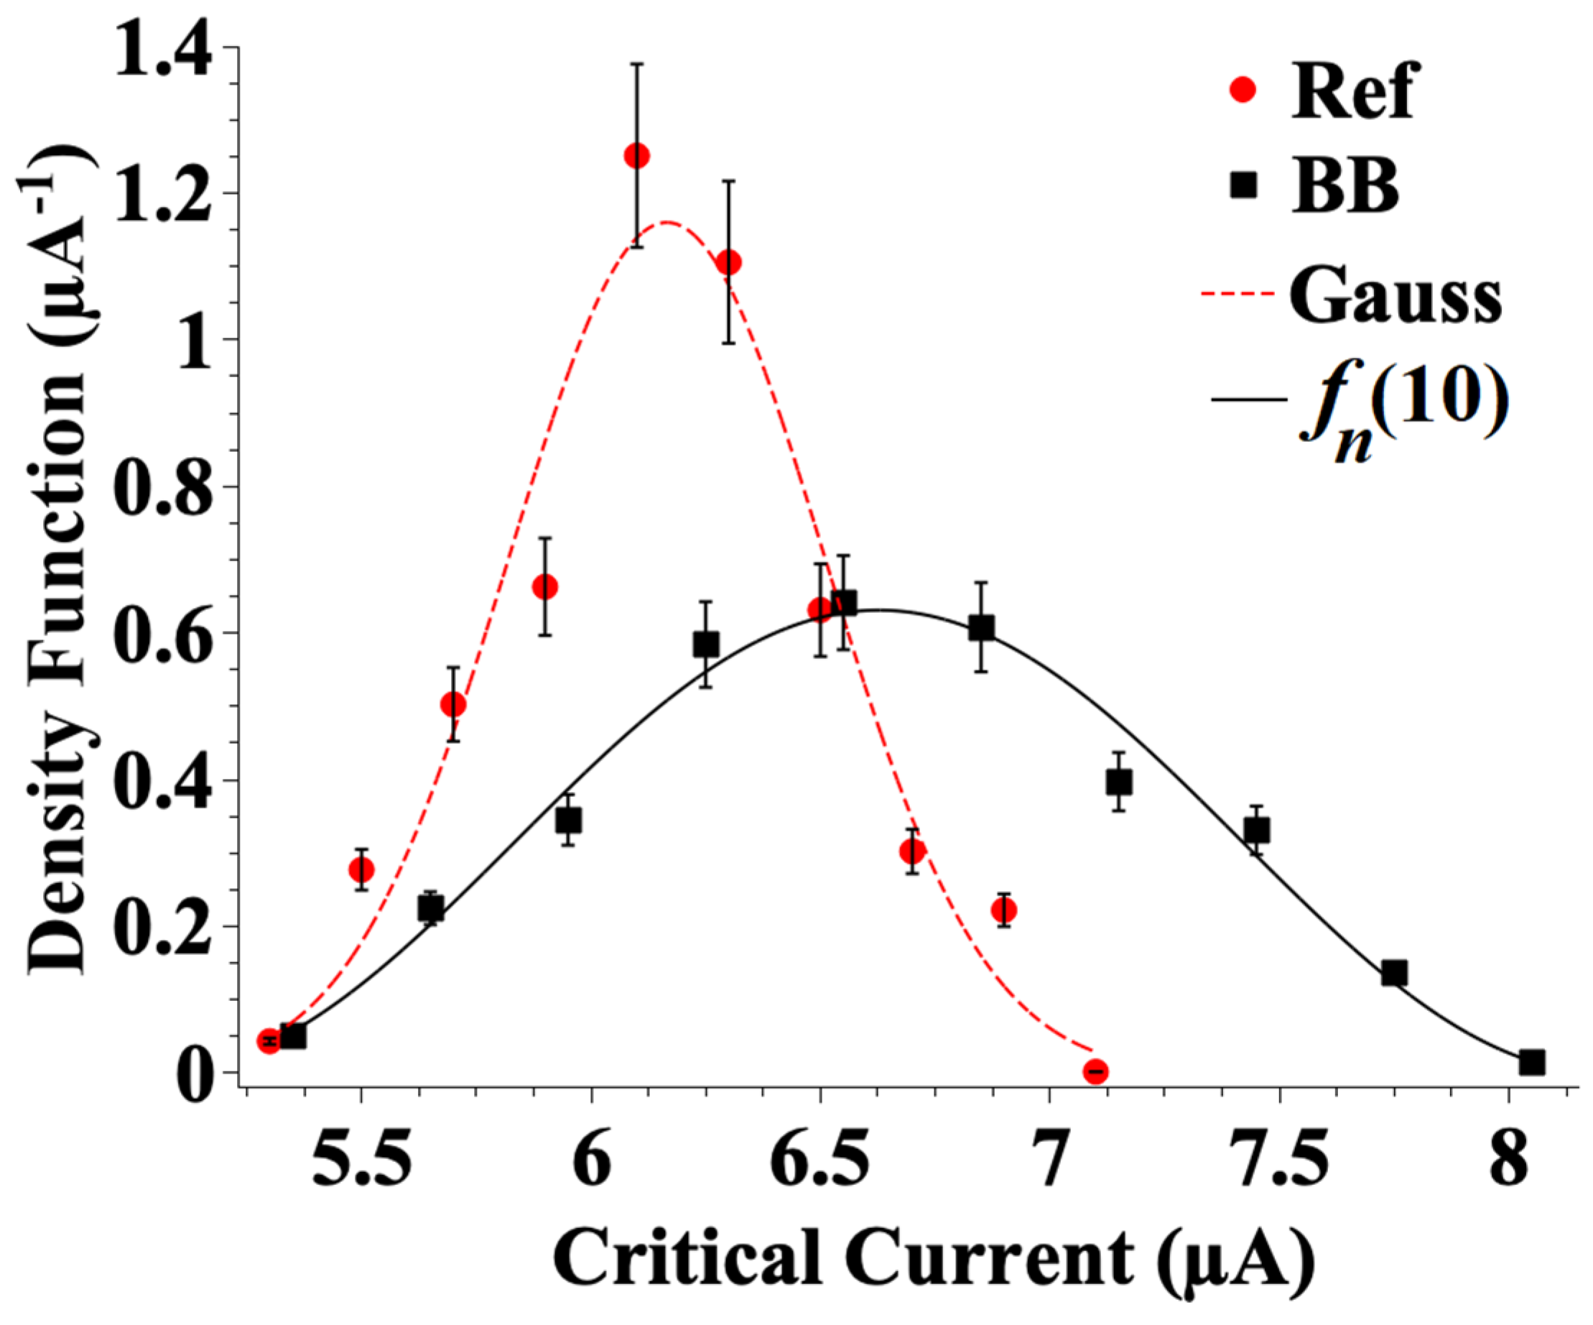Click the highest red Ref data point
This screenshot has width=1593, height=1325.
click(636, 157)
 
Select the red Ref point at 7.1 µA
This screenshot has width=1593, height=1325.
click(1095, 1071)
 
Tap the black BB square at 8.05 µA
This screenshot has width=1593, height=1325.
click(1531, 1063)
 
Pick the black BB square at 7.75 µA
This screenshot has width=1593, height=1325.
click(1394, 973)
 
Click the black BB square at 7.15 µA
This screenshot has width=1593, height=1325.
click(1119, 782)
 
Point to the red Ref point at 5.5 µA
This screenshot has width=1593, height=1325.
click(361, 869)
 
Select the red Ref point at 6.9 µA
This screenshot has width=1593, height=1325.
click(1003, 910)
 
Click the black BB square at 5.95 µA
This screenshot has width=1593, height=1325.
click(568, 821)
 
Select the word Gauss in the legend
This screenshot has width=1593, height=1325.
click(1395, 298)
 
